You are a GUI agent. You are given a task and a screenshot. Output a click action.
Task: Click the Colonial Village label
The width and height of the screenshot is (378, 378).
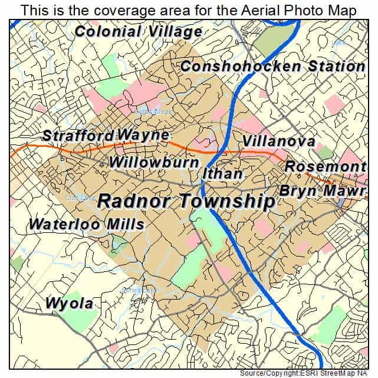pos(139,32)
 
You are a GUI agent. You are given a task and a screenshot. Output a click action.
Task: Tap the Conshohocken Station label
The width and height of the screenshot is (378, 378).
pos(272,66)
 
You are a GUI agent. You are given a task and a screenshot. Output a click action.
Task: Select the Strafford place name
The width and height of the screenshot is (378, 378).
pos(78,135)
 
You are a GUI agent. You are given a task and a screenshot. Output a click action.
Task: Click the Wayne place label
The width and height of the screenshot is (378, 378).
pos(143,135)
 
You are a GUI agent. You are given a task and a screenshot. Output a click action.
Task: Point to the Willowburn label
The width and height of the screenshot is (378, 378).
pos(154,162)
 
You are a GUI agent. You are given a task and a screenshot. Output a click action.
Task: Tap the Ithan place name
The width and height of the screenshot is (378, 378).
pos(222,174)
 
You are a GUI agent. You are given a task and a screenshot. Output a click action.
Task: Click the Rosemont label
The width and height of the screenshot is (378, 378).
pos(325,167)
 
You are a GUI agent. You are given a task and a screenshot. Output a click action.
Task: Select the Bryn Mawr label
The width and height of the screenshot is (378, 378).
pos(323,191)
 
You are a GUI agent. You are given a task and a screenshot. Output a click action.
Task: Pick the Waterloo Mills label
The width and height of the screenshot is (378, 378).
pos(87,225)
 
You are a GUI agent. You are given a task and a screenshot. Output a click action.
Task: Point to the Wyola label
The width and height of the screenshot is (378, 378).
pos(69,304)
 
